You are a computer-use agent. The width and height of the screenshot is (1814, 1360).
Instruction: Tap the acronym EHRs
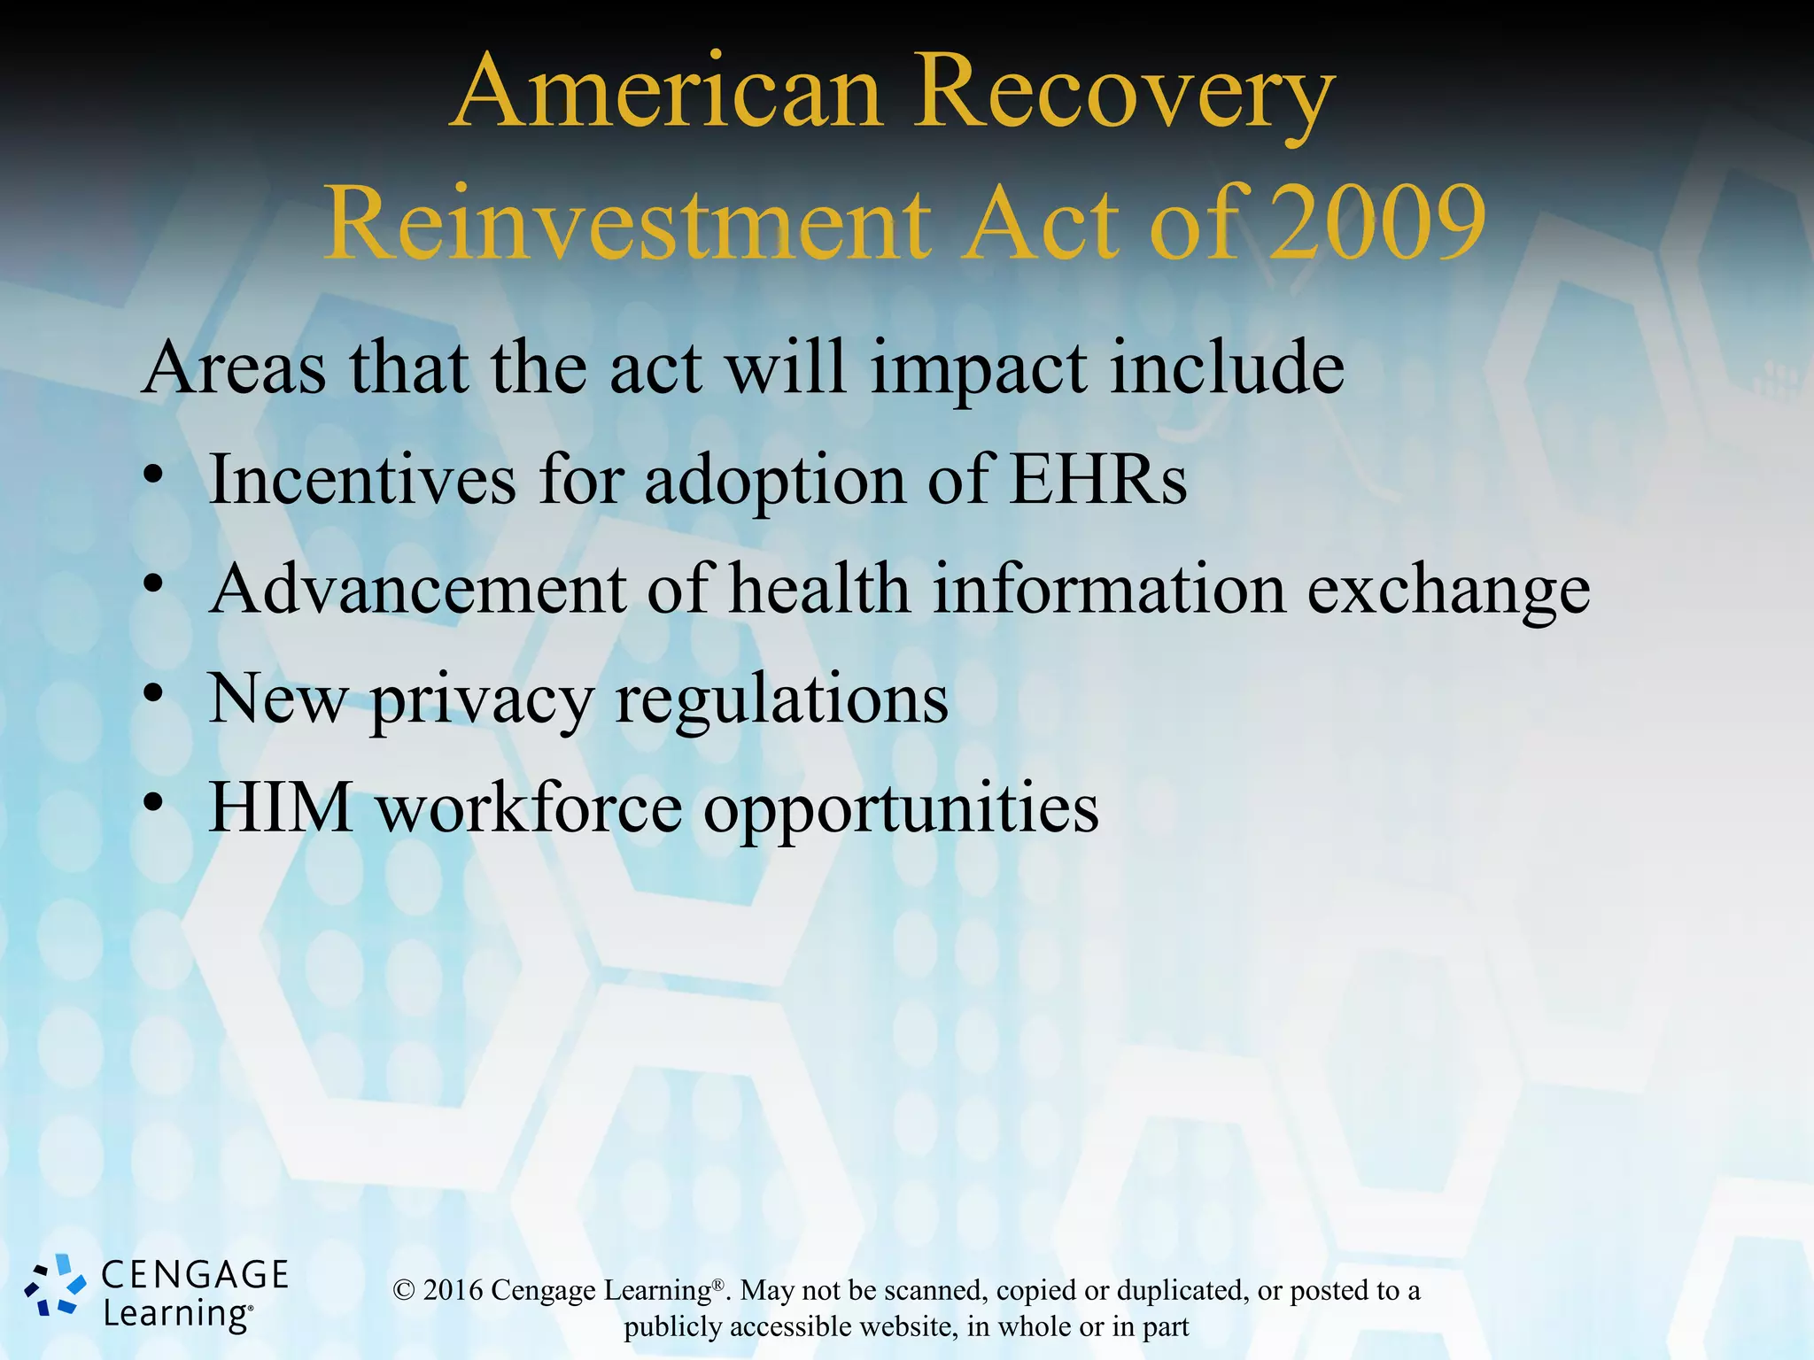[x=1098, y=480]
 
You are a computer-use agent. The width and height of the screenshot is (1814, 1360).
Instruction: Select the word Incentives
[x=362, y=480]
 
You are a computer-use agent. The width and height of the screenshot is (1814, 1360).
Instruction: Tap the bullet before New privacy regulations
[x=154, y=693]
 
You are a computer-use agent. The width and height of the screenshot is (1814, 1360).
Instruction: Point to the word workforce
[x=529, y=807]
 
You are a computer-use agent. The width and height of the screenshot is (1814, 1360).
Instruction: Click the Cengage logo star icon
[x=55, y=1285]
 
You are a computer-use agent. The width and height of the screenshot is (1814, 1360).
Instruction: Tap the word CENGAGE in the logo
[x=195, y=1275]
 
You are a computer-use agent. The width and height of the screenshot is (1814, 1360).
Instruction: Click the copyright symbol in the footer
[x=404, y=1291]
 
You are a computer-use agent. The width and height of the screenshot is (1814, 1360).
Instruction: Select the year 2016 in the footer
[x=453, y=1291]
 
